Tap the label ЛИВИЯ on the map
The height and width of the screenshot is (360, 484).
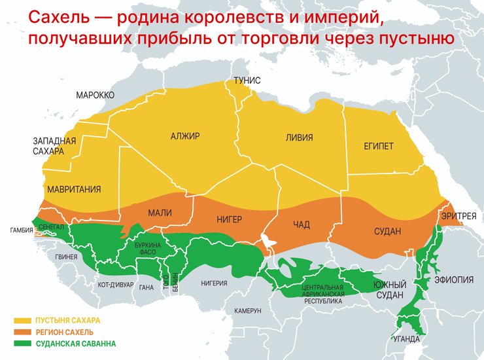pyautogui.click(x=299, y=137)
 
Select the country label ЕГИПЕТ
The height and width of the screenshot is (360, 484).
pyautogui.click(x=379, y=146)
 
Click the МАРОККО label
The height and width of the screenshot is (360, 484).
pyautogui.click(x=95, y=95)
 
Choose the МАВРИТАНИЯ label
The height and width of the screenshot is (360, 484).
pyautogui.click(x=74, y=190)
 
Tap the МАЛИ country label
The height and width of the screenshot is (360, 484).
pyautogui.click(x=160, y=213)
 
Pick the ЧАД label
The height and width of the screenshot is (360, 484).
pyautogui.click(x=302, y=225)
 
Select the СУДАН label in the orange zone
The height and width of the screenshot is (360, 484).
pyautogui.click(x=387, y=231)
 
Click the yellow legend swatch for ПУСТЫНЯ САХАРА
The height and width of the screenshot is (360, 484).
pyautogui.click(x=24, y=321)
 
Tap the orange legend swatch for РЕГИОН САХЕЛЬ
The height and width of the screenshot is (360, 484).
pyautogui.click(x=24, y=332)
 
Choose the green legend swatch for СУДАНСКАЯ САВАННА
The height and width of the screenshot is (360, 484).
pyautogui.click(x=24, y=343)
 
